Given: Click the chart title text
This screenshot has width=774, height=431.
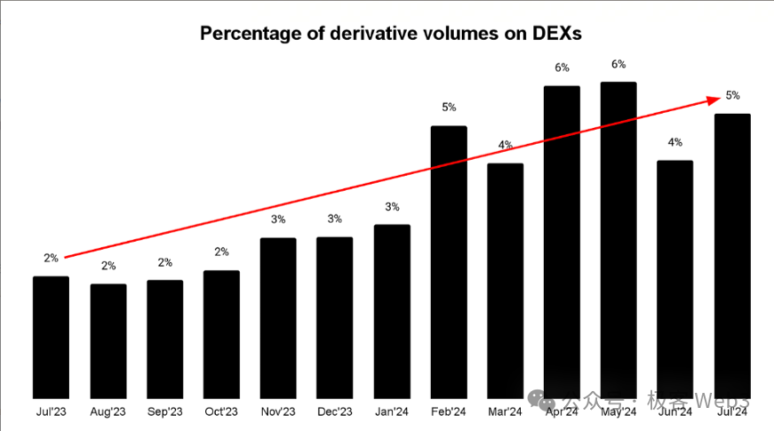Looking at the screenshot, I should (x=388, y=34).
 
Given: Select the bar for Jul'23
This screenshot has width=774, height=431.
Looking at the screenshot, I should (x=50, y=336).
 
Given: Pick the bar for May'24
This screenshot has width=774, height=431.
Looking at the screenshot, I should (x=618, y=239).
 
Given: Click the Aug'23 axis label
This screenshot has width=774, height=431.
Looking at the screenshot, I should (x=108, y=412).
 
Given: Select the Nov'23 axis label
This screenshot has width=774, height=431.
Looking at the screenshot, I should (x=278, y=412).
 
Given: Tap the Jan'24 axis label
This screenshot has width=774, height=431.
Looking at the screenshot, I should (x=392, y=412).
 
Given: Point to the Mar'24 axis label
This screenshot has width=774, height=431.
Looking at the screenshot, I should (x=505, y=412).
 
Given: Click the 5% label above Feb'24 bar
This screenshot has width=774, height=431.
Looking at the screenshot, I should (x=448, y=108).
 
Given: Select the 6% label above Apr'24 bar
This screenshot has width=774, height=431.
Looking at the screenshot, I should (x=562, y=68).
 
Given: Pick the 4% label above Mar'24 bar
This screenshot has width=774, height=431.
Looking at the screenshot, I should (x=505, y=145).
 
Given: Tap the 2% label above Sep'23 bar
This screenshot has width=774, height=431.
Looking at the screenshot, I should (x=165, y=262).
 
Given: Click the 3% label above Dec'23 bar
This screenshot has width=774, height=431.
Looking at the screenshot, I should (x=334, y=219).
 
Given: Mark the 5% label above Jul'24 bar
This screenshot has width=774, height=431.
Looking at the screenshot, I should (x=732, y=95).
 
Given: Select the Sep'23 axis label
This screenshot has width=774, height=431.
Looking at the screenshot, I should (x=165, y=412).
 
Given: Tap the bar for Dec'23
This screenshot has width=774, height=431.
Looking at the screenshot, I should (x=334, y=317).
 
